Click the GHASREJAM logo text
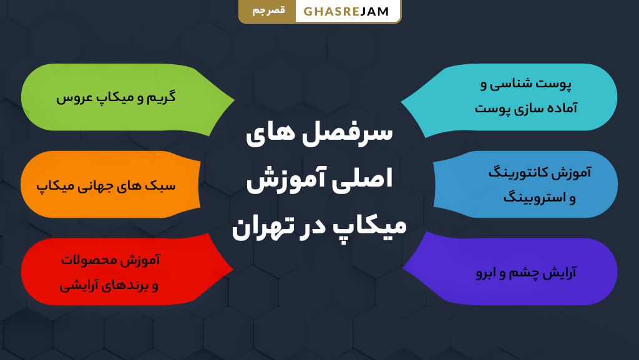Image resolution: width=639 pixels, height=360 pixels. (346, 11)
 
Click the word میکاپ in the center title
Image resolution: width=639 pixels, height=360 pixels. (371, 226)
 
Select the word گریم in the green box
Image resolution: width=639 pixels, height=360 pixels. (160, 97)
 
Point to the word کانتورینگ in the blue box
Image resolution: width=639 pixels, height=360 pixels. (517, 173)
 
